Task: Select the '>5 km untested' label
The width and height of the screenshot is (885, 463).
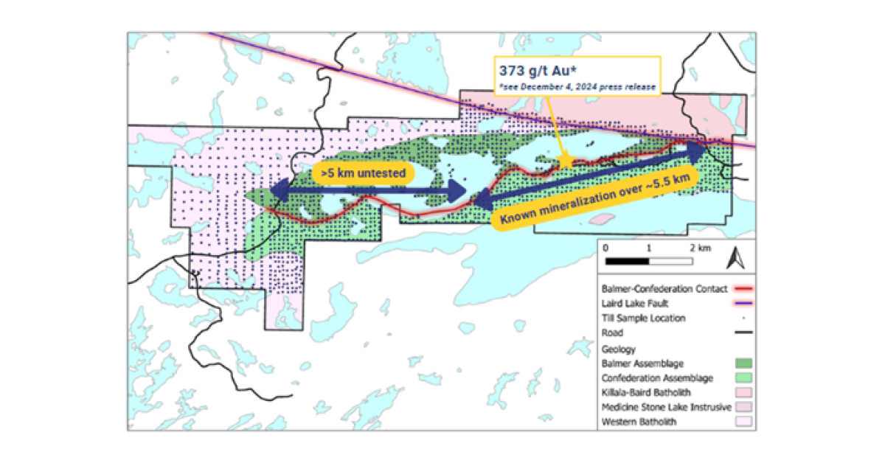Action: tap(362, 174)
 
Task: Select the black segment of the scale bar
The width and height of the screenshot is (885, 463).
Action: tap(627, 261)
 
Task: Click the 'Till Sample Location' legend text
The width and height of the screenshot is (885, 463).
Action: tap(642, 318)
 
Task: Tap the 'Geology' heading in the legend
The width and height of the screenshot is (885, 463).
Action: tap(619, 349)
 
